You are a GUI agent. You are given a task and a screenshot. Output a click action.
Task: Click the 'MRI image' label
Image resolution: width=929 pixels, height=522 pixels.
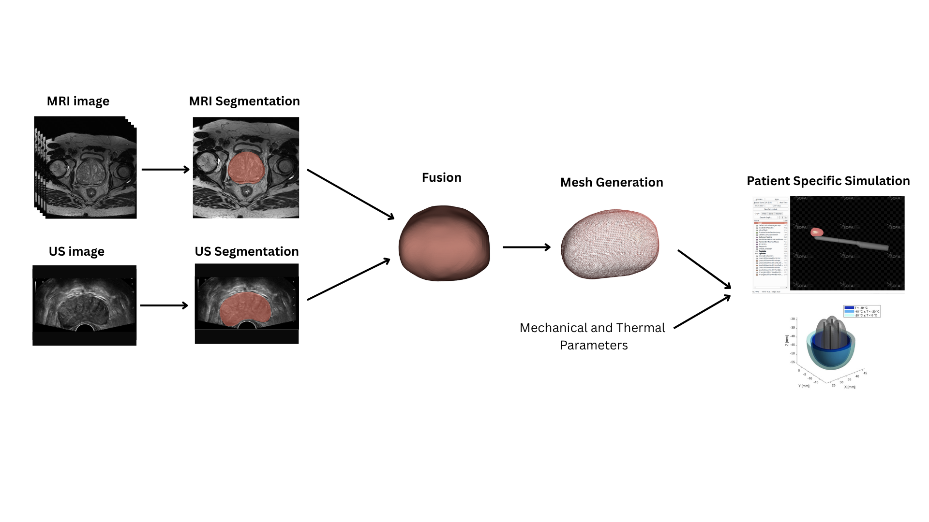coord(78,101)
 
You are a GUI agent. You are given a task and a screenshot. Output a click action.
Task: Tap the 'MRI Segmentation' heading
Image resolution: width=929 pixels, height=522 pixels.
coord(244,101)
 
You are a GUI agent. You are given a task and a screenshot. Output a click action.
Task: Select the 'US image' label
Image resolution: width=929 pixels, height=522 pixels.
coord(76,252)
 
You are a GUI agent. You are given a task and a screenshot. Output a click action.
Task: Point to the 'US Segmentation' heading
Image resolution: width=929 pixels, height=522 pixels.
coord(247,252)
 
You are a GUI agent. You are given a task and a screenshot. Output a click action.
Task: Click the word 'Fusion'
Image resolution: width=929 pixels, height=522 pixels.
coord(441,178)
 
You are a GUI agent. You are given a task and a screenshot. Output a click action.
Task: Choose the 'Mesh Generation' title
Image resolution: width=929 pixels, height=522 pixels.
coord(612,183)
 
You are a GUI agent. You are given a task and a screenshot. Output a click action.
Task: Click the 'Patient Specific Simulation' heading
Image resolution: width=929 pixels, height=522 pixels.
coord(828,181)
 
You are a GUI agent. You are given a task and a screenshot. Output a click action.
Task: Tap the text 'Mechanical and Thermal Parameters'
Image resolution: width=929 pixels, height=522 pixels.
coord(593,336)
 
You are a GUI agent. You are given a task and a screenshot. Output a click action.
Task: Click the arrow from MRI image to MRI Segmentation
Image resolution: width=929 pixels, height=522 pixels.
coord(165,170)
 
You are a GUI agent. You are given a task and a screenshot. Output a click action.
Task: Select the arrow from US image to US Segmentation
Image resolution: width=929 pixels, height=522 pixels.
coord(164,305)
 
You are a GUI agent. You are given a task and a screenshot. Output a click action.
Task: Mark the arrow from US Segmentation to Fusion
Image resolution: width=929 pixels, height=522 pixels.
coord(348,279)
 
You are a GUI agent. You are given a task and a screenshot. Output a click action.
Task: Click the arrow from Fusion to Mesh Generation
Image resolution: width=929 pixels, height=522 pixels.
coord(526,247)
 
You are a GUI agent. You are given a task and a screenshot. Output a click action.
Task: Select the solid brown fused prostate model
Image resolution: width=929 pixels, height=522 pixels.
coord(444,244)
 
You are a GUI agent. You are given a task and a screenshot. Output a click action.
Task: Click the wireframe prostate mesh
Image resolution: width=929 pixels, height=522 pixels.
coord(610,244)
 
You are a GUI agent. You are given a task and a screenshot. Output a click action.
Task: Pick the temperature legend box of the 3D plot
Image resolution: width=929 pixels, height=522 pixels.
coord(861,311)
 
